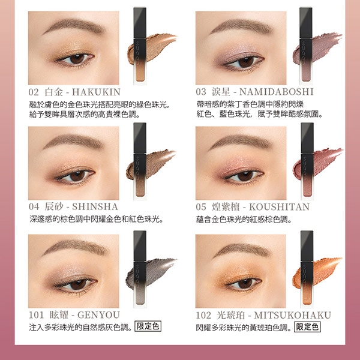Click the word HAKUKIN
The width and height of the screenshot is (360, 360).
[96, 92]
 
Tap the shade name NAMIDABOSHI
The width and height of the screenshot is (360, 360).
[276, 92]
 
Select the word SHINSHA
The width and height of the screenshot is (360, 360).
[95, 206]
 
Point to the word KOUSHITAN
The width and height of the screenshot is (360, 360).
[280, 207]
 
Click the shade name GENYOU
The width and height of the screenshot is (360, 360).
[98, 315]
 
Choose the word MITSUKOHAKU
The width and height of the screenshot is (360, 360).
[293, 315]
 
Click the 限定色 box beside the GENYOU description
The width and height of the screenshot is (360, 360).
[148, 326]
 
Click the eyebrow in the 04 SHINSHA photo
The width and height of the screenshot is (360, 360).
[74, 141]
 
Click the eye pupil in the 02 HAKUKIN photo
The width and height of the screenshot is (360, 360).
[76, 59]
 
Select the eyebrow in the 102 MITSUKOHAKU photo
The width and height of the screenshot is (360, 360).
[242, 250]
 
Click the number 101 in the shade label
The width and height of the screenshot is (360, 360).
[36, 315]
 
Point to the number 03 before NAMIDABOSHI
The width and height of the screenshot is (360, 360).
[201, 92]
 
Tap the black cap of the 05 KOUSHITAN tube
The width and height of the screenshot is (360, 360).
[307, 139]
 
